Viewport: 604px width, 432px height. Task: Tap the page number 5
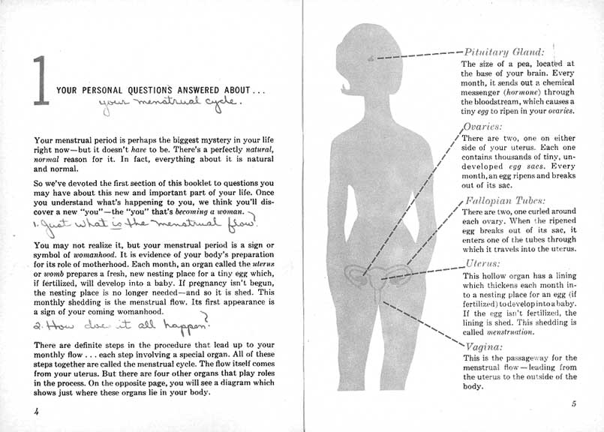[572, 404]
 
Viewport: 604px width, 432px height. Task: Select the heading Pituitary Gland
[499, 53]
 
